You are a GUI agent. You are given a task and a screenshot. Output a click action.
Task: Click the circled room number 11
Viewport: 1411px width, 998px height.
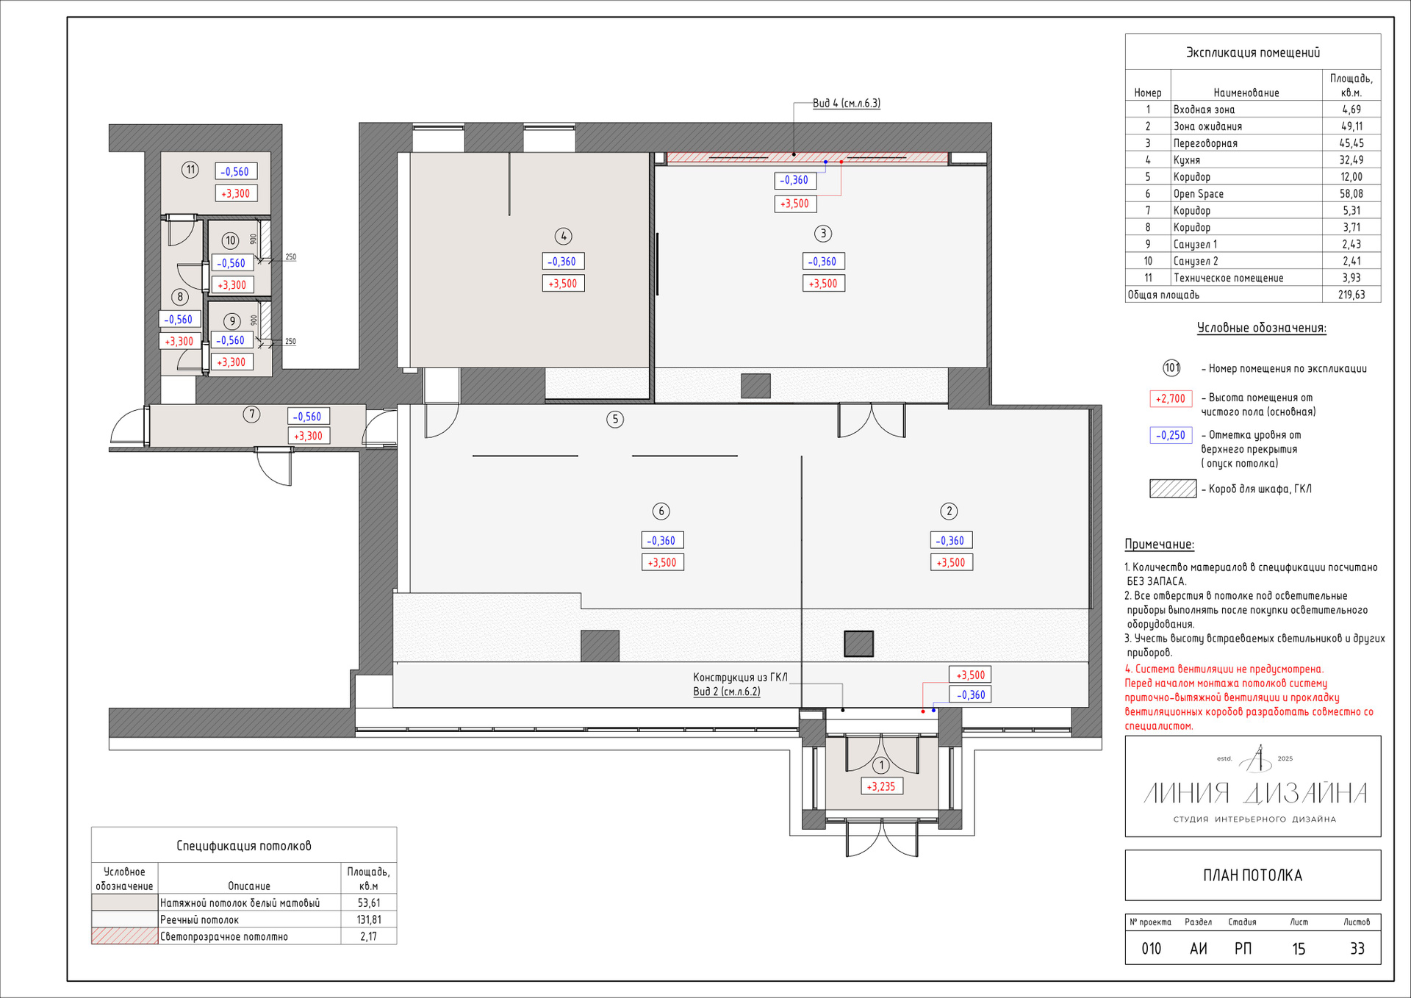190,170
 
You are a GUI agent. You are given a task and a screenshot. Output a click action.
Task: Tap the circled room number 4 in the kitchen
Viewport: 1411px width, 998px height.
563,236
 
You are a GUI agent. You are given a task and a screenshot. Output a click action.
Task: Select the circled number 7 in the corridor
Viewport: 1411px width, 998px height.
251,414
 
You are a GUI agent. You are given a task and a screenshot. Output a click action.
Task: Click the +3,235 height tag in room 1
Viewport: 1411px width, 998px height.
881,786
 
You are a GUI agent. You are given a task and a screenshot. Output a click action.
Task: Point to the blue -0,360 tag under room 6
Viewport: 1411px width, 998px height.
662,540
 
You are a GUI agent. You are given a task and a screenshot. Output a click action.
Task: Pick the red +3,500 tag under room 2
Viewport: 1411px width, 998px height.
952,562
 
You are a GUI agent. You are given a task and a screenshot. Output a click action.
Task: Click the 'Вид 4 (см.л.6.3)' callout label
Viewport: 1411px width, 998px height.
847,103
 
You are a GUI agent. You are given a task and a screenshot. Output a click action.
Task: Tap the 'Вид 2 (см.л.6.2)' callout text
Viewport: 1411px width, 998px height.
727,692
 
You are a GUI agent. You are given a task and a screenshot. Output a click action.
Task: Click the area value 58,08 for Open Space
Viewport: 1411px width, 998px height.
1351,194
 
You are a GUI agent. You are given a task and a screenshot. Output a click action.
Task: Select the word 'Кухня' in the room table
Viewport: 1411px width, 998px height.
1187,160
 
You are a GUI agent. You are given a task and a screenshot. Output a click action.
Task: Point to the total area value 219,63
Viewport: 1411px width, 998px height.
1351,295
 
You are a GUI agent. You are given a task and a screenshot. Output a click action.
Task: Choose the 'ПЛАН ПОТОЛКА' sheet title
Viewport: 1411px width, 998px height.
1252,875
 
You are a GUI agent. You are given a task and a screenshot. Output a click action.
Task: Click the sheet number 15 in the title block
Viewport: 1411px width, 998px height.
1299,949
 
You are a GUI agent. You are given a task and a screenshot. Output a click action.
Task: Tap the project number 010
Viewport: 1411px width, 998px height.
1151,949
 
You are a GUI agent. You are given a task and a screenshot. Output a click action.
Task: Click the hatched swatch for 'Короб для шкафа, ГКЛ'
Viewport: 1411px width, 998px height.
1173,489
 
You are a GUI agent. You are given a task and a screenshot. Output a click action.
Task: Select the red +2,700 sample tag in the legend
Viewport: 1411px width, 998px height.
1171,398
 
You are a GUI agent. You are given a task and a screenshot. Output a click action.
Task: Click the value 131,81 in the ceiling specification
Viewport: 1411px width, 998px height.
369,919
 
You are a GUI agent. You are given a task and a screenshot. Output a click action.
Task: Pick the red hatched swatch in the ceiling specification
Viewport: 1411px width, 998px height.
124,936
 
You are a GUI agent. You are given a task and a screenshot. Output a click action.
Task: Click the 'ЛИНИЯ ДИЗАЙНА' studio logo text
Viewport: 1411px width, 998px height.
1255,793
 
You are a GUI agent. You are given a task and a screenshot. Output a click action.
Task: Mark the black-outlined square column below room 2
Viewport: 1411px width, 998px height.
858,644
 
